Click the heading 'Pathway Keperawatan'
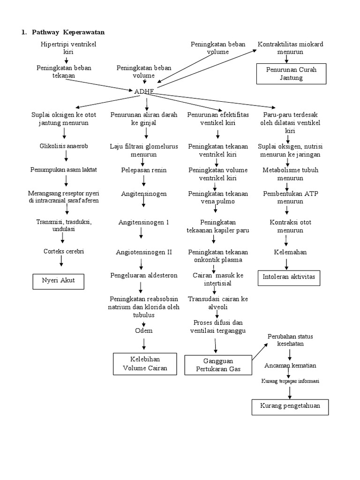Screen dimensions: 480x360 (x=68, y=32)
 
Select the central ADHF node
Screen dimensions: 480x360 (x=144, y=91)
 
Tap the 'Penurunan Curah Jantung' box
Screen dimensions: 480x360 (x=291, y=74)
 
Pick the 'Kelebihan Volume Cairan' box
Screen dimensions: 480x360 (x=145, y=364)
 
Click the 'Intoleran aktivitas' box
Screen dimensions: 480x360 (x=290, y=277)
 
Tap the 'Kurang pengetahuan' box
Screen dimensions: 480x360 (x=290, y=406)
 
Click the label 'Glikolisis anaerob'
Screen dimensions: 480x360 (x=64, y=146)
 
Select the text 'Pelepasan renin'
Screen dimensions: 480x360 (x=144, y=170)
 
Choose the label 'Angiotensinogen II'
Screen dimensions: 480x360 (x=144, y=252)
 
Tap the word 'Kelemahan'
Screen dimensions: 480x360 (x=290, y=252)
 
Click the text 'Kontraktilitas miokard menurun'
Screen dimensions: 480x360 (x=290, y=48)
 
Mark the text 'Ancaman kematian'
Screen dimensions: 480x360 (x=290, y=365)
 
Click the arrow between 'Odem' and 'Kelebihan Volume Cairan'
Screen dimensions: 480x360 (x=144, y=343)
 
